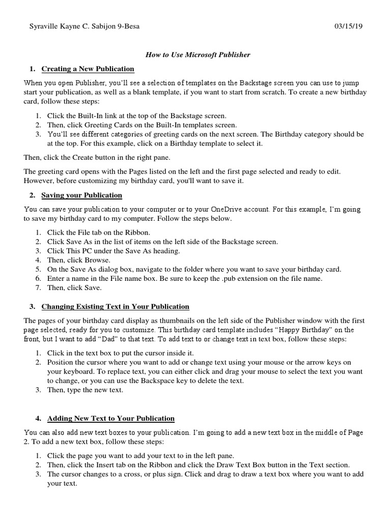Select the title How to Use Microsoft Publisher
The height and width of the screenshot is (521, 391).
[x=198, y=54]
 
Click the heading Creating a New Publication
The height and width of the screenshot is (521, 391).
[x=88, y=69]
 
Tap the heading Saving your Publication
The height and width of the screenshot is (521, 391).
[x=81, y=195]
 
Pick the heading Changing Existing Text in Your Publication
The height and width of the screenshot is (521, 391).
[x=115, y=306]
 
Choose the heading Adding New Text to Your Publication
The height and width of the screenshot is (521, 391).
[x=110, y=418]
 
